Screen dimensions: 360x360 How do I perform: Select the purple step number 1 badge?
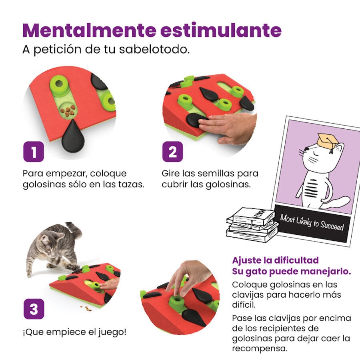[x=33, y=152]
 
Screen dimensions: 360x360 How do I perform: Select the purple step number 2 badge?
[x=172, y=152]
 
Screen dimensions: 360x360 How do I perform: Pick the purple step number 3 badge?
[x=33, y=309]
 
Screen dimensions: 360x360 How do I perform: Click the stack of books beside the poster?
[x=252, y=224]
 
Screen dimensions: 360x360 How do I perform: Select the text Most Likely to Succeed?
[x=312, y=222]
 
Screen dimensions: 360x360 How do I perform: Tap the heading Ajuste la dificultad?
[x=275, y=260]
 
